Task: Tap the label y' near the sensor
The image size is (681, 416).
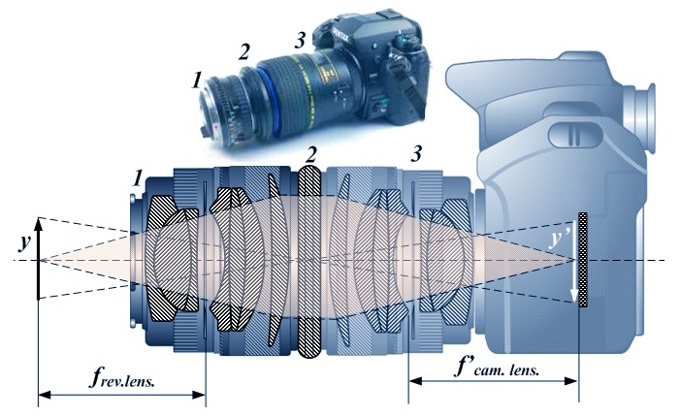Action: tap(558, 240)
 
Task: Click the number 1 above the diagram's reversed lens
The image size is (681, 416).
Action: tap(138, 177)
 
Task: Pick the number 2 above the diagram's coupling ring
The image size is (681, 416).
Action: tap(310, 154)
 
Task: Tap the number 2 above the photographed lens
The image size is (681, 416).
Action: tap(244, 49)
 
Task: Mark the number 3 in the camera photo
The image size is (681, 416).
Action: tap(300, 40)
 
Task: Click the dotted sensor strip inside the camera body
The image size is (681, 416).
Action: tap(582, 260)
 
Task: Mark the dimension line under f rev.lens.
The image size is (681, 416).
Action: tap(121, 395)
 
